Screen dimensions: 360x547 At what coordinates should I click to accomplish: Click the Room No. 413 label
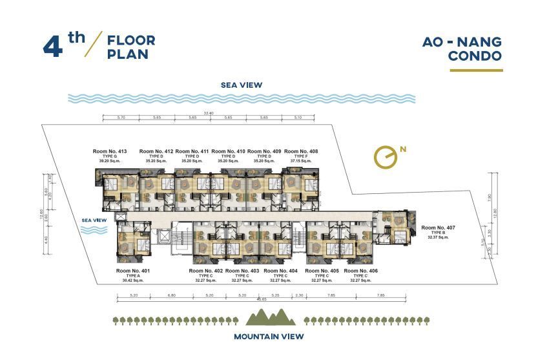coord(110,151)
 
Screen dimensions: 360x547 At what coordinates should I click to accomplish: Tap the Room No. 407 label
coord(439,228)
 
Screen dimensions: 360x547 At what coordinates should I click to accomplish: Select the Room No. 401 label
coord(133,270)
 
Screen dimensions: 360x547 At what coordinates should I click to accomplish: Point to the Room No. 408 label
coord(300,151)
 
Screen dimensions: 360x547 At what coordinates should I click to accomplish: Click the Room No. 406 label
coord(360,270)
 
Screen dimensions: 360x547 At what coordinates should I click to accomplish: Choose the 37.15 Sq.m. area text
coord(300,161)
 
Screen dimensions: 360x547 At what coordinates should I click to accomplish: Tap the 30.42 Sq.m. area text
coord(133,281)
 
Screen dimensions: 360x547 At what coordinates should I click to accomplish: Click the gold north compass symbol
coord(385,157)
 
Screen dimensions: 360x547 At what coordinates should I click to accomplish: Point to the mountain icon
coord(271,317)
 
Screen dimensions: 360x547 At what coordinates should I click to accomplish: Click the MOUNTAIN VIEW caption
coord(269,336)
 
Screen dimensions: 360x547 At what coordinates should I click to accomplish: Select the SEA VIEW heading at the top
coord(242,85)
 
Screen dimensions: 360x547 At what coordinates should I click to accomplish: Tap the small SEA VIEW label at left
coord(94,220)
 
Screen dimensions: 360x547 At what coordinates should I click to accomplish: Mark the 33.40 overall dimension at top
coord(208,114)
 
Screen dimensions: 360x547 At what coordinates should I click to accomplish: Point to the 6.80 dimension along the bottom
coord(171,295)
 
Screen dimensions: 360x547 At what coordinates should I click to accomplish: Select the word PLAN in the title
coord(128,54)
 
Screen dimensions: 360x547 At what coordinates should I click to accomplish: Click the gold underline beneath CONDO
coord(477,69)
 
